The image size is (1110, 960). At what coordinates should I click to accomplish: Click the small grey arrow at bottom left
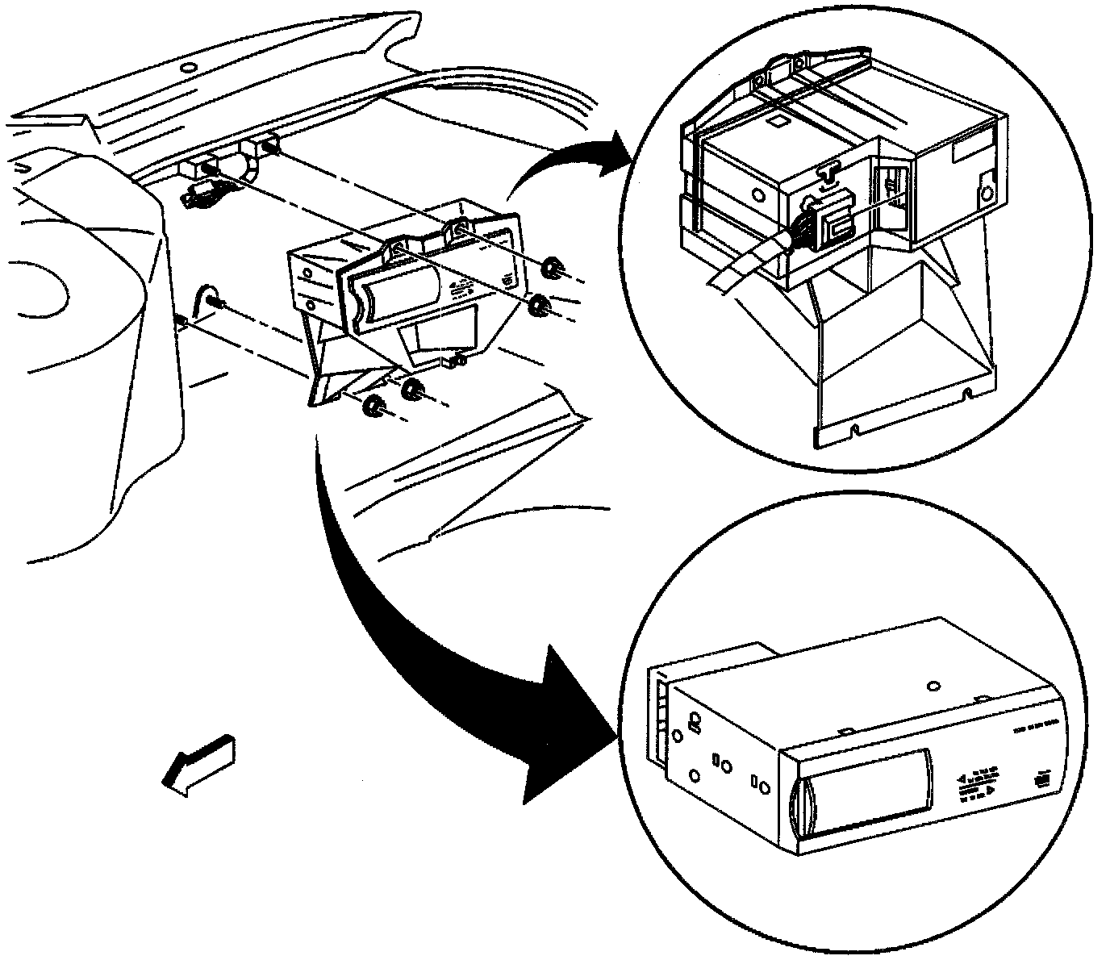click(x=198, y=759)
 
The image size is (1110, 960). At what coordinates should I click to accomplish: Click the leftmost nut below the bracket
click(x=373, y=406)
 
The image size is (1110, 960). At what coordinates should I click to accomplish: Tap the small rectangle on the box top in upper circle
click(x=778, y=123)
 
